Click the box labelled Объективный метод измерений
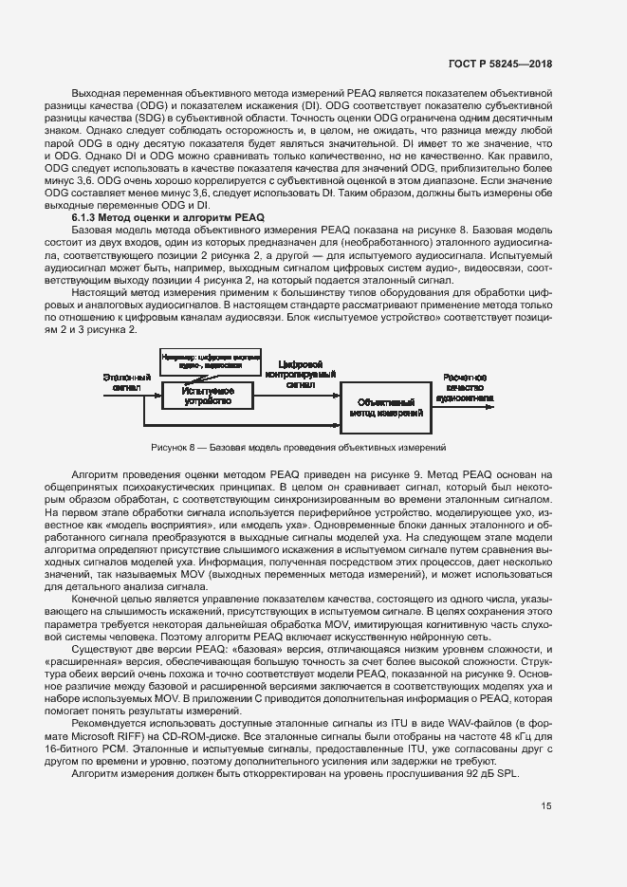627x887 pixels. [x=386, y=409]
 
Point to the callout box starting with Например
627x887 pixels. [x=209, y=360]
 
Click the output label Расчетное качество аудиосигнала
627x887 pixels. [x=465, y=388]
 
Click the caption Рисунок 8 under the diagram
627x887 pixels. [x=298, y=447]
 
